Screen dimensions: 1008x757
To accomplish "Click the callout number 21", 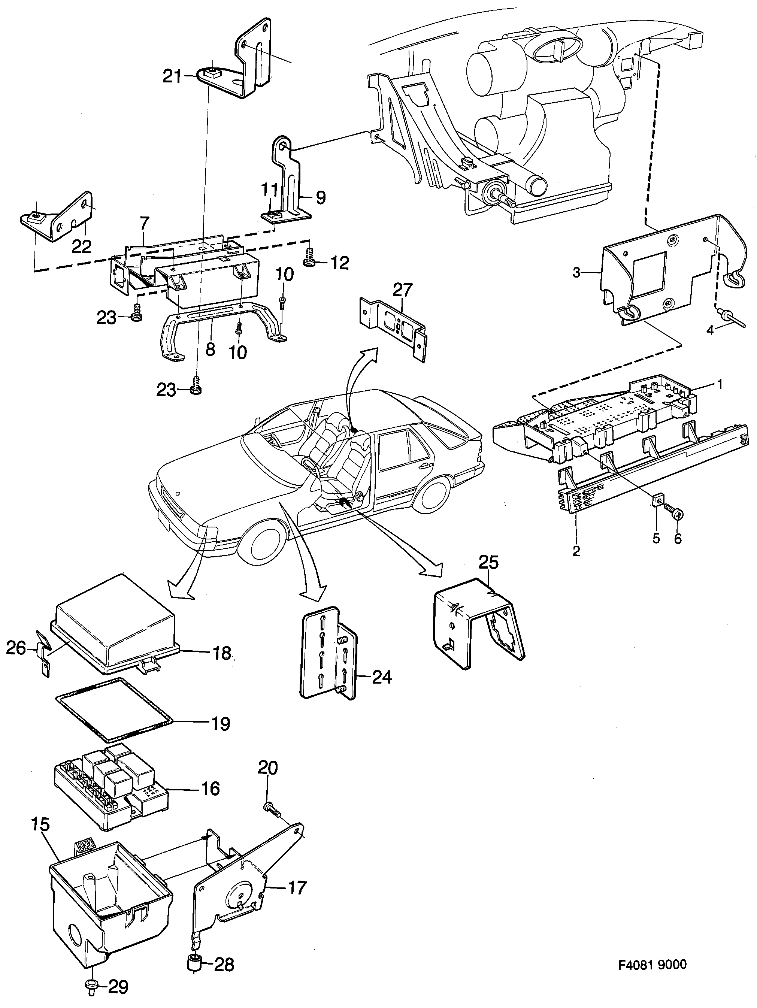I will click(x=172, y=76).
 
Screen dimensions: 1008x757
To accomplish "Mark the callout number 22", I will click(x=82, y=246).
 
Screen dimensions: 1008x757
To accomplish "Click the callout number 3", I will click(x=576, y=273).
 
